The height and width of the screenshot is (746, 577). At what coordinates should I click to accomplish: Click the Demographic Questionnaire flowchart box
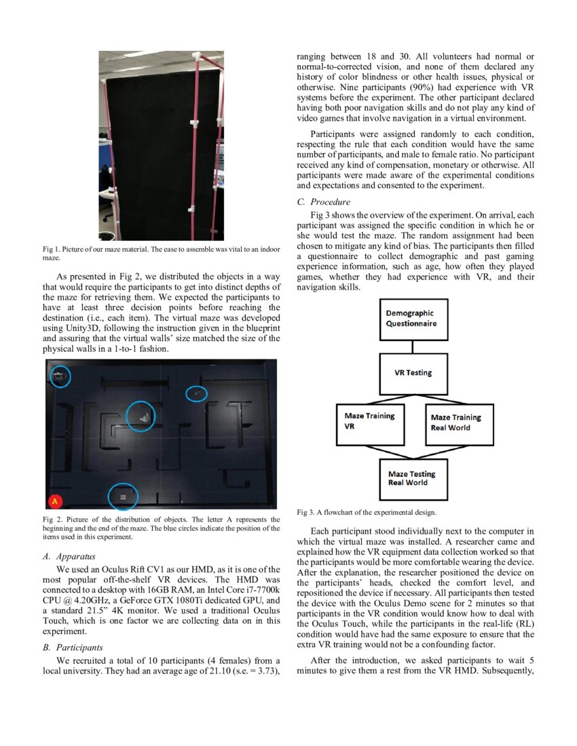pos(413,319)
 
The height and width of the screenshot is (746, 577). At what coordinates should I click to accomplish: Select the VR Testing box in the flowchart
pos(413,373)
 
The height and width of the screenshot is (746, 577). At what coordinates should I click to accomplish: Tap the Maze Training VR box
pos(369,425)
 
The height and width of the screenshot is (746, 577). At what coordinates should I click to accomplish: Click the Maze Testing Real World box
pos(413,479)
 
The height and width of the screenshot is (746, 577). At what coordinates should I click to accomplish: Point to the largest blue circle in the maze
pos(141,416)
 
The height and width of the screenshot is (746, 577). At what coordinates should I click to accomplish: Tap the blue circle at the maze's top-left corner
pos(60,376)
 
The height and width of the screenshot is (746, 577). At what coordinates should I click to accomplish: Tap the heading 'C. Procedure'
pos(324,202)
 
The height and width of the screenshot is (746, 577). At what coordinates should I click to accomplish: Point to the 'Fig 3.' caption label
pos(306,512)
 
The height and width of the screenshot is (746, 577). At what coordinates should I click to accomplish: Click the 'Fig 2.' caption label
pos(52,519)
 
